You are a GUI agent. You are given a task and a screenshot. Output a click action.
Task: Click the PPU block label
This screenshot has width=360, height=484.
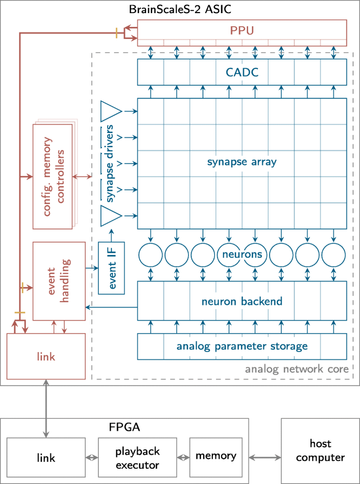242,30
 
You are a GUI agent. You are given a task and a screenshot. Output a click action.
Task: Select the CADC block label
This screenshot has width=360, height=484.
242,71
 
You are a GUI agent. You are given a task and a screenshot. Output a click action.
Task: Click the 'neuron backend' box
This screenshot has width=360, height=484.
242,301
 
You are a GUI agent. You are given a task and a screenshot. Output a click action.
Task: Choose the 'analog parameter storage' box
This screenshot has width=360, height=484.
242,346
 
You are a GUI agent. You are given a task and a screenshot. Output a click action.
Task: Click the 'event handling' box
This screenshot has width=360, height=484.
59,281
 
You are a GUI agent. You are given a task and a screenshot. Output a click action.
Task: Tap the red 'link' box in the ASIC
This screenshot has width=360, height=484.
45,356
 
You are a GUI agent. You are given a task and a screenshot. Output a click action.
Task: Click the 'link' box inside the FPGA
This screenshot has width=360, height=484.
45,457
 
